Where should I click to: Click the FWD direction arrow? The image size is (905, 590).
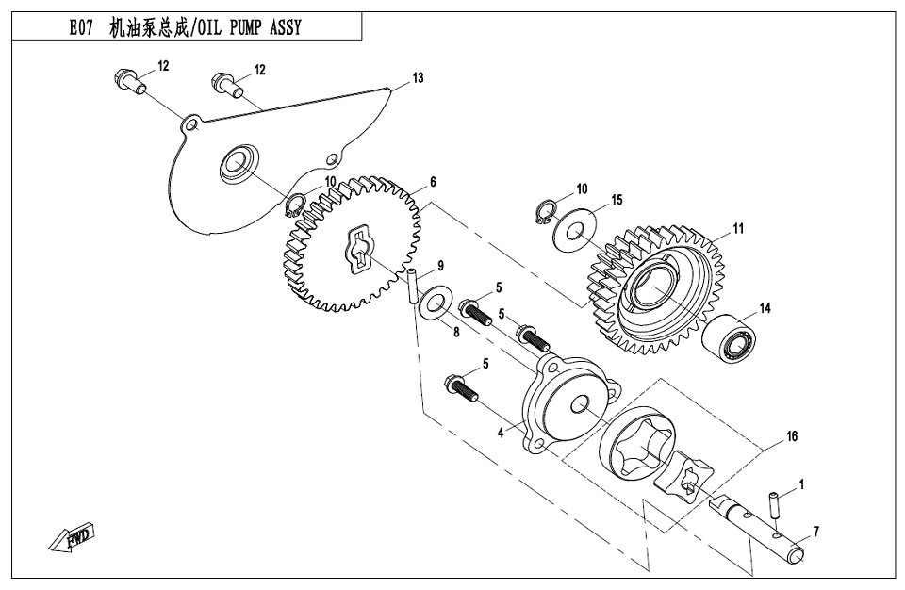70,539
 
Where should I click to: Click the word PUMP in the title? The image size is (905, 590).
237,27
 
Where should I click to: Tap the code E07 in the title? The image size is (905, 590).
82,27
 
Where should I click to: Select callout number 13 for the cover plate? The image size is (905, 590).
419,77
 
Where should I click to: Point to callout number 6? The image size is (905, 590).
433,181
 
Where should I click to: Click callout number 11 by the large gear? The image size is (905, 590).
738,228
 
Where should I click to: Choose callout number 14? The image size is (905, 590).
765,308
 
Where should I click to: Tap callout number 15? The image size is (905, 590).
617,200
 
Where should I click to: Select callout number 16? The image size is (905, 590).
792,436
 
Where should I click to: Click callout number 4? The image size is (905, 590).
502,434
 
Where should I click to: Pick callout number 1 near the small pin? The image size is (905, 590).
801,484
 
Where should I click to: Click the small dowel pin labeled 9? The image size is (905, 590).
412,286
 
